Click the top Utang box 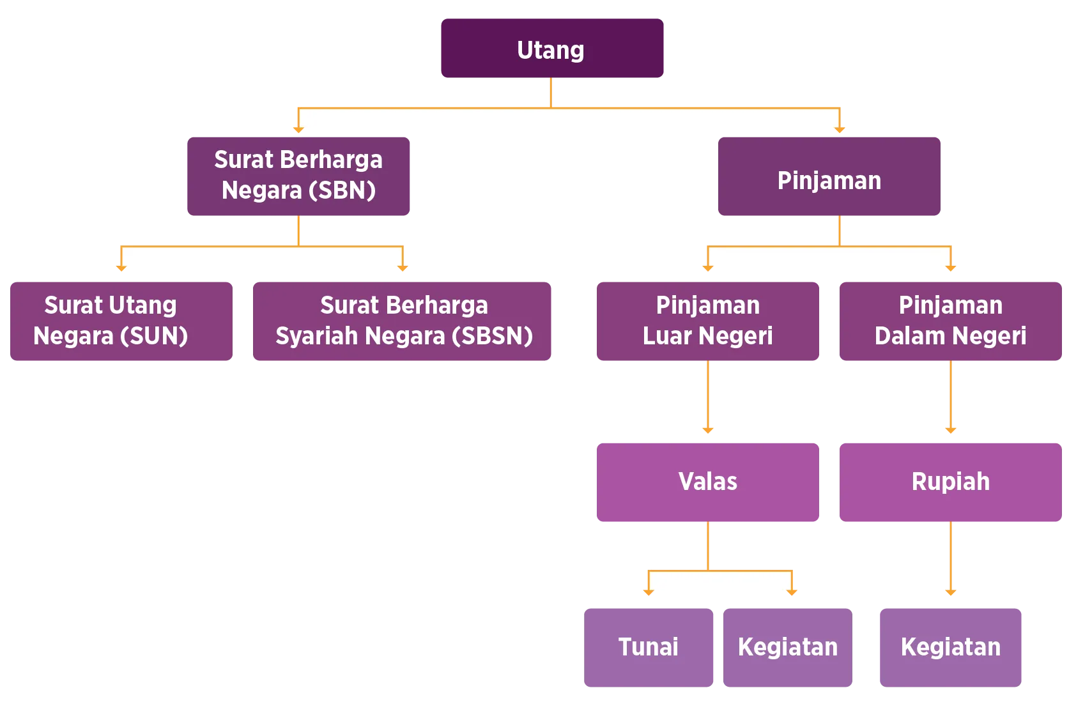pyautogui.click(x=551, y=49)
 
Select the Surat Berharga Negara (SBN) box pyautogui.click(x=298, y=176)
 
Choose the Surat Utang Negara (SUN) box pyautogui.click(x=122, y=322)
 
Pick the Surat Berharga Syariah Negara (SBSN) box pyautogui.click(x=401, y=322)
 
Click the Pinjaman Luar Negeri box pyautogui.click(x=707, y=322)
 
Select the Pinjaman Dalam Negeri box pyautogui.click(x=950, y=322)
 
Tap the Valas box pyautogui.click(x=707, y=482)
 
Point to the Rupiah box pyautogui.click(x=950, y=482)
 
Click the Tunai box pyautogui.click(x=649, y=648)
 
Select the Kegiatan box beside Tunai pyautogui.click(x=787, y=648)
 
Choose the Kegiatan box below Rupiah pyautogui.click(x=950, y=648)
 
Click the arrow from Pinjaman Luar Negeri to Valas pyautogui.click(x=707, y=399)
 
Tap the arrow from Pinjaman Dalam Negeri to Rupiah pyautogui.click(x=951, y=399)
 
